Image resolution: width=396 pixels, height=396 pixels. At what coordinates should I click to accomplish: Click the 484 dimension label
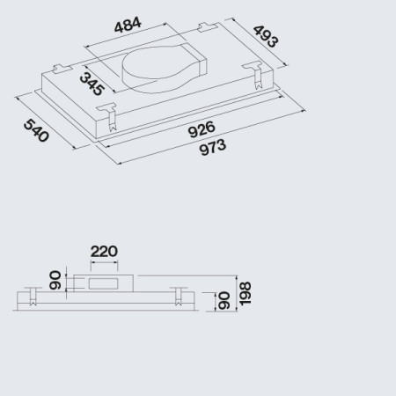128,25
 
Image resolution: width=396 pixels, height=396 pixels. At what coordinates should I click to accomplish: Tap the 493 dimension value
266,36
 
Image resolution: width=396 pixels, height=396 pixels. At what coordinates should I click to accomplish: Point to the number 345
92,84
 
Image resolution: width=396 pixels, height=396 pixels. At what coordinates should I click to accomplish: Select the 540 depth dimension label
36,130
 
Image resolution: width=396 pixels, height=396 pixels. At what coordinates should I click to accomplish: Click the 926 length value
202,129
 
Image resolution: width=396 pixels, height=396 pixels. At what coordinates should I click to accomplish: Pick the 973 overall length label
213,147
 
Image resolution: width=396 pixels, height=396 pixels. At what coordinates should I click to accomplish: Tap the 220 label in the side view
104,252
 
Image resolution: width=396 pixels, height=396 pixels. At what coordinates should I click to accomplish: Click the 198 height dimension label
245,294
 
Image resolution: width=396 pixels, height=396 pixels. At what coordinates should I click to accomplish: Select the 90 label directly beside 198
224,300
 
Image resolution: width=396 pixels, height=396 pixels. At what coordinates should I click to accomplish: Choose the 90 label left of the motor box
55,280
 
